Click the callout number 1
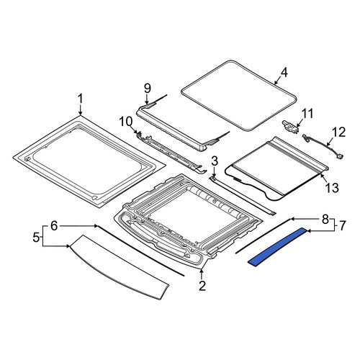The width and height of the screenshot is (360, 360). coord(80,99)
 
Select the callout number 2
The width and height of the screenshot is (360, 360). coord(202,286)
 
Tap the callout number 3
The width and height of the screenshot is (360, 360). coord(215,161)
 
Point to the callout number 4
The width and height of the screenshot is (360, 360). coord(284,72)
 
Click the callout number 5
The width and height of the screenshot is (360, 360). coord(36,238)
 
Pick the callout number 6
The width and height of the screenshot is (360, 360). coord(54,226)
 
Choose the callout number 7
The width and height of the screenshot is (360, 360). coord(342,225)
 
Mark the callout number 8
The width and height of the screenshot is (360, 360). coord(325,219)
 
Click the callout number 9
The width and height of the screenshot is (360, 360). coord(148,89)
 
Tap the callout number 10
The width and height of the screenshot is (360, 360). coord(126,122)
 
